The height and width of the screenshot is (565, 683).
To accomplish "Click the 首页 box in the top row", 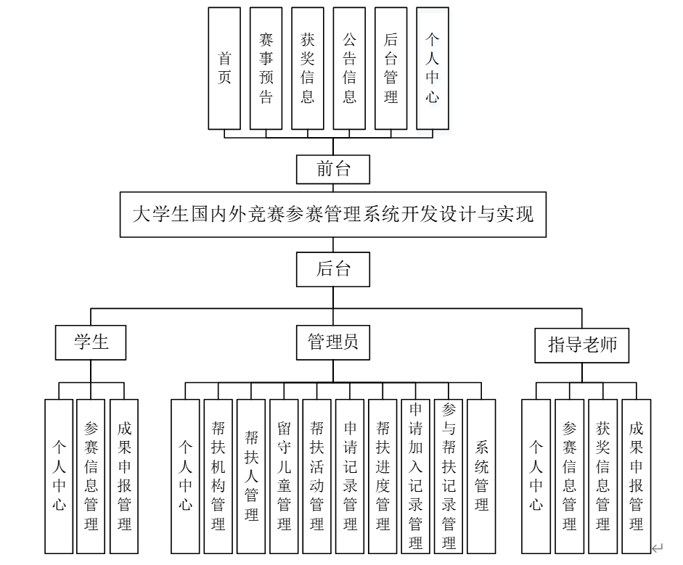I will click(x=224, y=68).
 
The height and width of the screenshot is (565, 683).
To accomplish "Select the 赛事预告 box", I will click(x=266, y=68).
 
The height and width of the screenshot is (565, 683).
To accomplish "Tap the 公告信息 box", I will click(x=350, y=68).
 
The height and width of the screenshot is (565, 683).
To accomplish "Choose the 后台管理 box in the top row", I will click(x=391, y=68).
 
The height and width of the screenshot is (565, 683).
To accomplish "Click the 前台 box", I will click(x=334, y=170).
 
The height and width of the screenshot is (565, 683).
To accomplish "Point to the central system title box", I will click(x=333, y=214).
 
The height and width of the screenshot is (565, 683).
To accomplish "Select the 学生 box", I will click(x=91, y=342).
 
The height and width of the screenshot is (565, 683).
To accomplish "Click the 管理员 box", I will click(x=333, y=342).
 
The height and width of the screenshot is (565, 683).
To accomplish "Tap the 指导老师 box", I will click(x=582, y=345).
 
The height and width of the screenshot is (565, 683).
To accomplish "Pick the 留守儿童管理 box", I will click(x=284, y=476).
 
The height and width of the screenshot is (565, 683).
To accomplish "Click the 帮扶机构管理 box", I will click(x=218, y=476).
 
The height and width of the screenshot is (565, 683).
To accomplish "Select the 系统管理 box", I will click(x=481, y=476).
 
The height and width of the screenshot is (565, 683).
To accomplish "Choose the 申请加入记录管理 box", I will click(x=415, y=476).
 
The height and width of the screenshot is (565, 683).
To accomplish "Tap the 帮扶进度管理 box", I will click(x=383, y=476).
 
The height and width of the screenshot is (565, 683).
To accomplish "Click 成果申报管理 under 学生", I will click(x=124, y=476).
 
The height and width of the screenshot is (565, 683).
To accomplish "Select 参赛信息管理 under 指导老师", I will click(x=569, y=476).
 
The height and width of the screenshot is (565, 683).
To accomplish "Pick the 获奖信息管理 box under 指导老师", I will click(x=602, y=476).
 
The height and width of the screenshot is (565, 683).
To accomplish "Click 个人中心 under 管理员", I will click(x=185, y=476).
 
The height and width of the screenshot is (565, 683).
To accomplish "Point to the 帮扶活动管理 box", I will click(x=316, y=476).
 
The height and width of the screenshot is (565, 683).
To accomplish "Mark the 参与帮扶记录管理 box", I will click(x=449, y=476).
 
